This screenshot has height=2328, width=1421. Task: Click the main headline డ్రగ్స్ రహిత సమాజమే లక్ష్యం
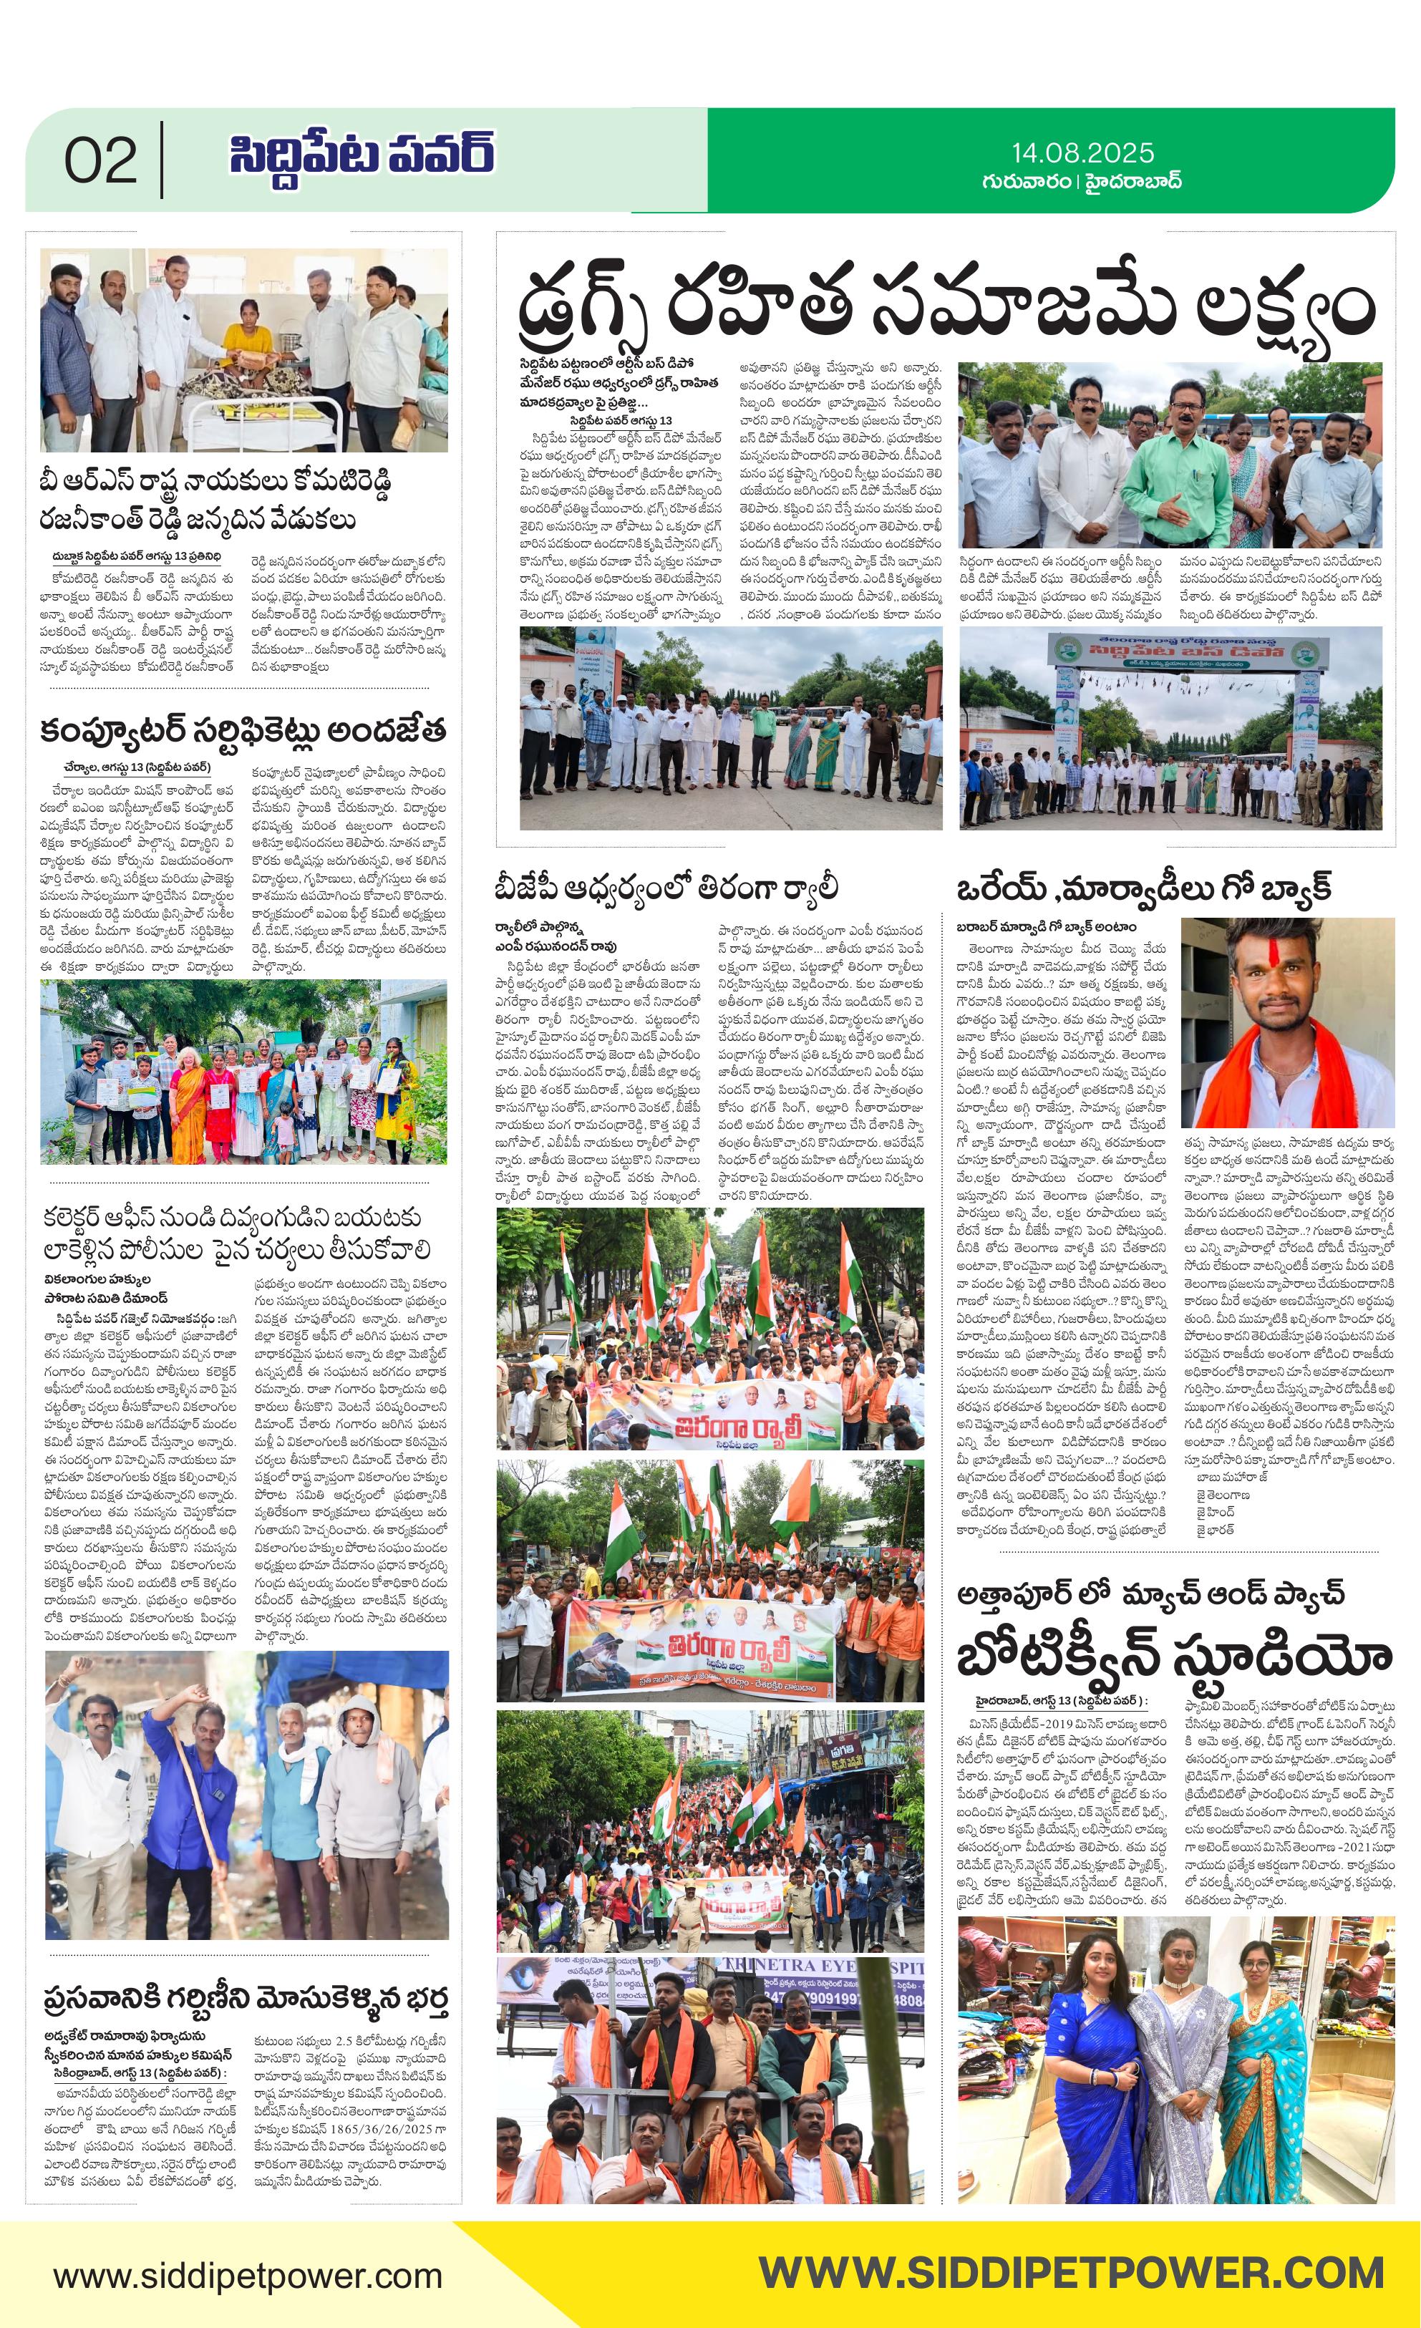pyautogui.click(x=946, y=312)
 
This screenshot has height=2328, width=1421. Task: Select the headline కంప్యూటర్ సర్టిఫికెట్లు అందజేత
pyautogui.click(x=243, y=732)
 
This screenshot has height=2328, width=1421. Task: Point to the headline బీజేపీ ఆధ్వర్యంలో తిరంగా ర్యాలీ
pyautogui.click(x=666, y=888)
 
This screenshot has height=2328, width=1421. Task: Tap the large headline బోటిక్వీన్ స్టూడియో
pyautogui.click(x=1175, y=1658)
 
